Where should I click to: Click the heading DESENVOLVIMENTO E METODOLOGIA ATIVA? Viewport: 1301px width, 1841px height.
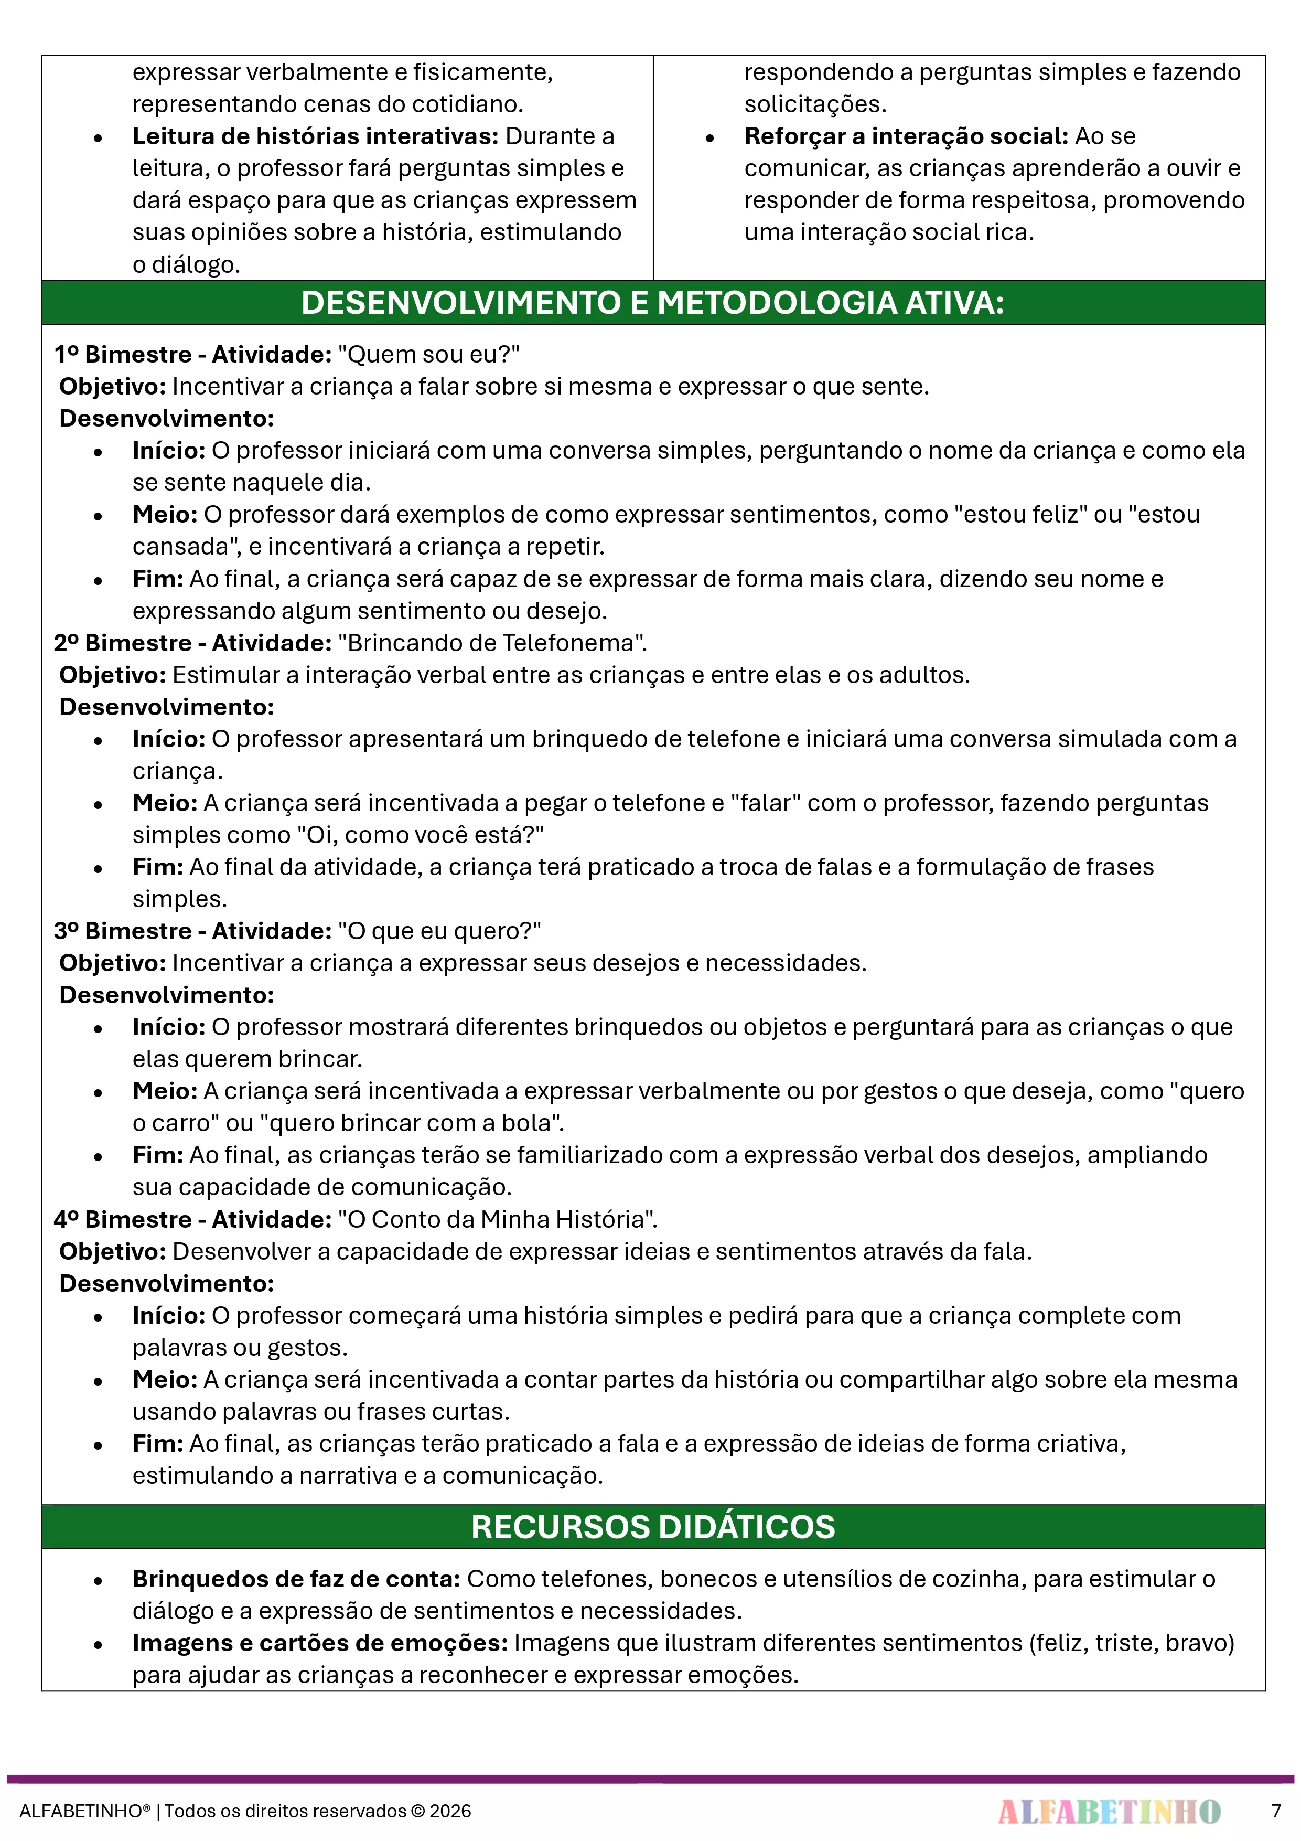click(652, 303)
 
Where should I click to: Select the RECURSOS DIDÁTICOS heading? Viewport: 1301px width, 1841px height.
click(652, 1527)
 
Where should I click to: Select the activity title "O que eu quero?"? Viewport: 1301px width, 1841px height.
click(439, 931)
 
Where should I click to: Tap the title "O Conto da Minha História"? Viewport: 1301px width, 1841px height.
click(497, 1220)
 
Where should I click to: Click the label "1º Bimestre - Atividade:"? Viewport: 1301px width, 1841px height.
click(192, 355)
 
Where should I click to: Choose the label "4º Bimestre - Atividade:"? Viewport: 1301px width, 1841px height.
click(192, 1220)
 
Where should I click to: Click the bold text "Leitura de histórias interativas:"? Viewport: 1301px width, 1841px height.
click(316, 136)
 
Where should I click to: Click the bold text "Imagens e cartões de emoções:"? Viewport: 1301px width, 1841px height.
click(320, 1643)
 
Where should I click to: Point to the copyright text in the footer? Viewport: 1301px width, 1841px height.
click(245, 1811)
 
